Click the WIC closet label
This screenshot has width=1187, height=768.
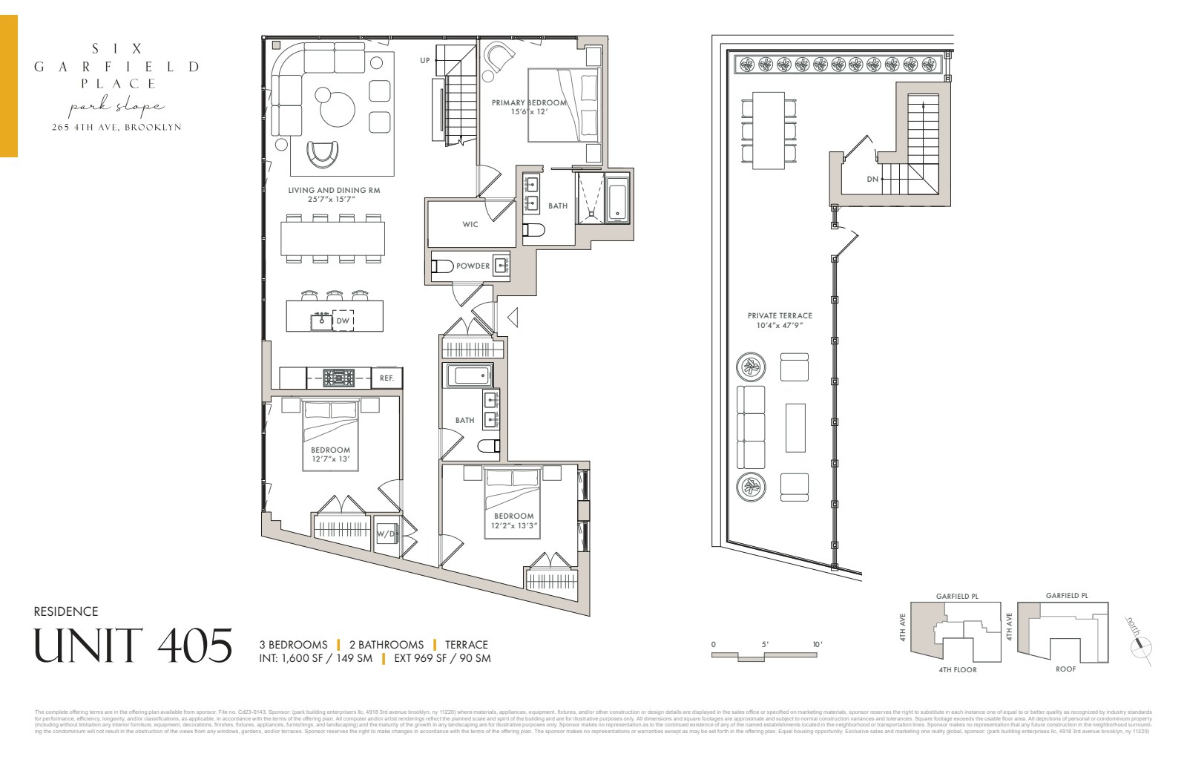[470, 224]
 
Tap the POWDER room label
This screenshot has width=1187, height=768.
[473, 266]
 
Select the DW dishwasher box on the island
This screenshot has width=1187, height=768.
[343, 321]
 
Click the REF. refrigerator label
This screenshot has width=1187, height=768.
[387, 378]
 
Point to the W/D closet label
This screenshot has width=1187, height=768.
[386, 534]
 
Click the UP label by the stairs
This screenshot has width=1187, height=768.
[425, 61]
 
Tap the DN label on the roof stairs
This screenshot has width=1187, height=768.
[872, 180]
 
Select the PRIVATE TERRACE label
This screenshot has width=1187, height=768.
[780, 315]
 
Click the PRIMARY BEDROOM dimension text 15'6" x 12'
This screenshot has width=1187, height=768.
[529, 112]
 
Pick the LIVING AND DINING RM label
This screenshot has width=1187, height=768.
[334, 191]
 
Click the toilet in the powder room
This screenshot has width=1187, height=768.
[442, 266]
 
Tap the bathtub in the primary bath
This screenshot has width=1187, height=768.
[618, 199]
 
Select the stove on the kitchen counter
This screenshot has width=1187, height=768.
[338, 378]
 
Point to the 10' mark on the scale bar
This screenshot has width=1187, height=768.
[817, 644]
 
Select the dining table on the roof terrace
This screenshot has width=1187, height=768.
[769, 130]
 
